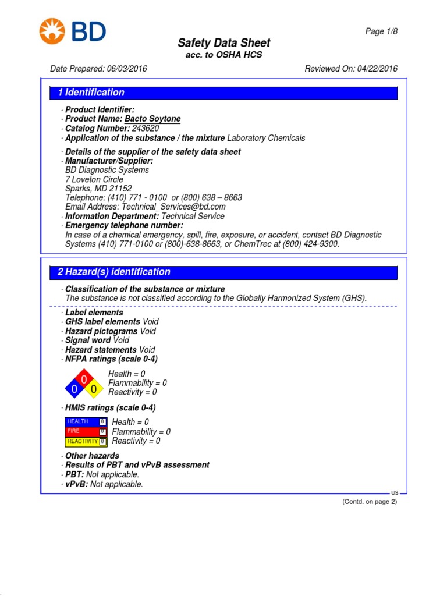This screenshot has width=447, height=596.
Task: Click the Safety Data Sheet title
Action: click(223, 43)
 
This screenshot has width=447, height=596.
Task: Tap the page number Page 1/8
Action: click(381, 31)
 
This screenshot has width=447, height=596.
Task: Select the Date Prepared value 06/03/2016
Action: click(127, 69)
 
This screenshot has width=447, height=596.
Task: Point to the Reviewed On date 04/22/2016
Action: click(375, 69)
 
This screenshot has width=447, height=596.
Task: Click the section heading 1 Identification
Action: click(91, 93)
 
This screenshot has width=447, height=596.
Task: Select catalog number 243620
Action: click(146, 128)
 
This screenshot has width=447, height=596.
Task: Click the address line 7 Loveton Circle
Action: click(94, 179)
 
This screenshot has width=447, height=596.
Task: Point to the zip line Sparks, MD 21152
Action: click(98, 189)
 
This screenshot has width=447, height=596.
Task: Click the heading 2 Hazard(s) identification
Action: click(114, 272)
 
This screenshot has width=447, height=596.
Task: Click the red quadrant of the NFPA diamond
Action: click(83, 379)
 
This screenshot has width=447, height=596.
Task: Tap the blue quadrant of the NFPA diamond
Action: click(74, 388)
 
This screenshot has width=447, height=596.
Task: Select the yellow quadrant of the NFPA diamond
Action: click(93, 388)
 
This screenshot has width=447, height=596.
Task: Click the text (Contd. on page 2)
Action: click(370, 502)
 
